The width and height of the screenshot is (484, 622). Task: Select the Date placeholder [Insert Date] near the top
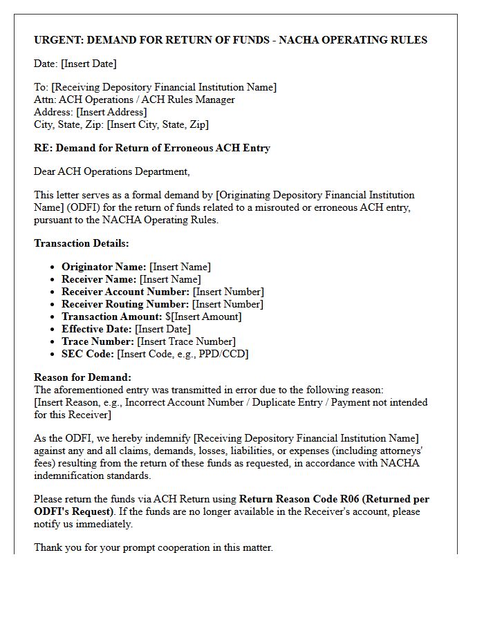tap(89, 64)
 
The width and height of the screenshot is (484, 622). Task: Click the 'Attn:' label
tap(46, 100)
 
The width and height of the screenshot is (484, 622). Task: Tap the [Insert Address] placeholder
tap(111, 112)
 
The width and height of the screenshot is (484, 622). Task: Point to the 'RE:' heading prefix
tap(43, 148)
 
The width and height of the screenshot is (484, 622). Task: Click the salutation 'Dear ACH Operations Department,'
tap(111, 171)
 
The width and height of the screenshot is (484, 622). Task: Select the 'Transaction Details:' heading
tap(82, 243)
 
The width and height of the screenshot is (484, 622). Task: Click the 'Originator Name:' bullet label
tap(104, 267)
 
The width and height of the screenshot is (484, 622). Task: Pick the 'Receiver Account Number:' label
tap(125, 292)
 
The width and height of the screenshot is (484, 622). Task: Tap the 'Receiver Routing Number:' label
tap(125, 304)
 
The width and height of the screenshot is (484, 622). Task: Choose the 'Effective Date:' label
tap(97, 329)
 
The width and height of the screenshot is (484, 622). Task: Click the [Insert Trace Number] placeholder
tap(186, 341)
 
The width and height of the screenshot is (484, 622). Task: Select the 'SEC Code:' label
tap(88, 354)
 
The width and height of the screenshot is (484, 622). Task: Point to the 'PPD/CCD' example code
tap(225, 354)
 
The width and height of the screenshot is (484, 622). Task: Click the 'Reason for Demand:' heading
tap(82, 377)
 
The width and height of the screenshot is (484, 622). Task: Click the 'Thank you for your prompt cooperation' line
tap(153, 547)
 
